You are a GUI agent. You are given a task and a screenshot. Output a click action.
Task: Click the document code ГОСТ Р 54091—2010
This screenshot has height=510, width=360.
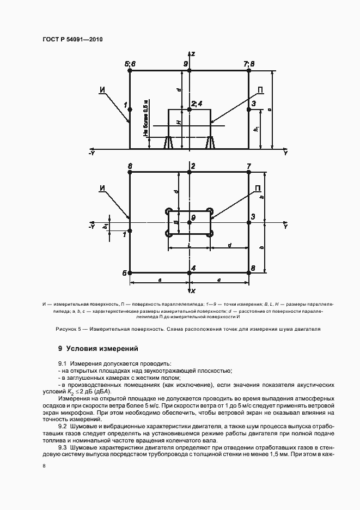73,40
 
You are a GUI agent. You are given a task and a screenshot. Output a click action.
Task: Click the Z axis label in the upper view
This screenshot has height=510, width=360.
193,53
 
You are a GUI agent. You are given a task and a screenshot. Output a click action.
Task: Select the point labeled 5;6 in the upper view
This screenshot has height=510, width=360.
130,70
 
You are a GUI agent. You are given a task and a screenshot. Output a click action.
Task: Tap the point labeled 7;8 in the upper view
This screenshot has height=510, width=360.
249,70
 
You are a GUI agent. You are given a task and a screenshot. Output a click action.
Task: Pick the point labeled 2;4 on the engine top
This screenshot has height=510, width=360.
189,110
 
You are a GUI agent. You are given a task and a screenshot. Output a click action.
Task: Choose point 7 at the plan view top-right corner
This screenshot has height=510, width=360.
249,172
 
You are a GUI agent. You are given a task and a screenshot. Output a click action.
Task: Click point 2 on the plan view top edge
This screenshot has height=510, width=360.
189,172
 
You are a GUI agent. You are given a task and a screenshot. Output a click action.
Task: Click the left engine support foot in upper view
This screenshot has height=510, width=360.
168,143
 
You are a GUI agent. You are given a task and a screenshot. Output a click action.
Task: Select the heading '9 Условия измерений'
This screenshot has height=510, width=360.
98,348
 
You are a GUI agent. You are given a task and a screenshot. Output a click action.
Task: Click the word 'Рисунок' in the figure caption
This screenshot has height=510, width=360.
68,329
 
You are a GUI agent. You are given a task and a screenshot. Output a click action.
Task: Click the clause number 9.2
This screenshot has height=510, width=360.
63,426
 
